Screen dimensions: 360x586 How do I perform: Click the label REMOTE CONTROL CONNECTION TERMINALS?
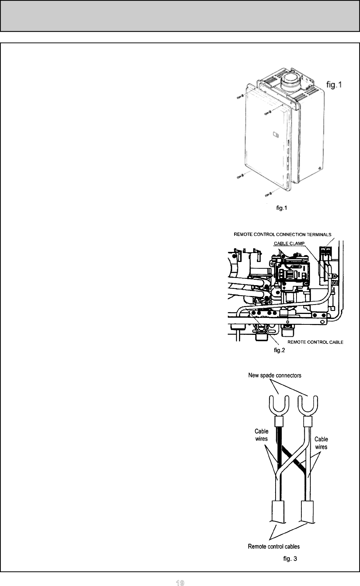[282, 234]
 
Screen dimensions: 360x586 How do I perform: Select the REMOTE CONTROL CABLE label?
[315, 342]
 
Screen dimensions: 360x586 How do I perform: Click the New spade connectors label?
[274, 375]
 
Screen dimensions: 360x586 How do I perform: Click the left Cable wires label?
[261, 435]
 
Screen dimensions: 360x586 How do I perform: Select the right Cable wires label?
[321, 443]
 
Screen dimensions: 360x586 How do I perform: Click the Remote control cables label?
[274, 546]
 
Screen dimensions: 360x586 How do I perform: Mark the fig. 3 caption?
[290, 559]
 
